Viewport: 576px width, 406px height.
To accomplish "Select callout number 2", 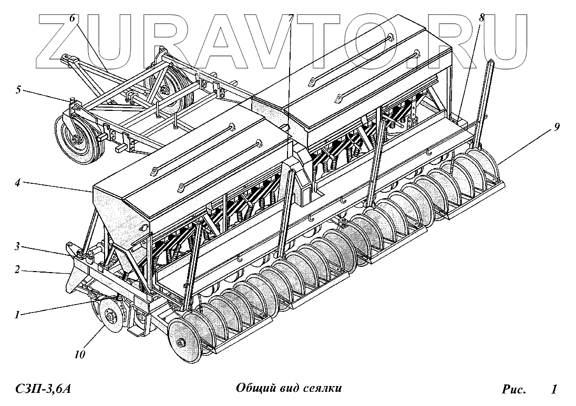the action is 17,270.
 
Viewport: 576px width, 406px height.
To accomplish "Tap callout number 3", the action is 17,245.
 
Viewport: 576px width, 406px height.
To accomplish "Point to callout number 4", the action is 17,183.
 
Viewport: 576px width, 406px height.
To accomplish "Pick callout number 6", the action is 72,18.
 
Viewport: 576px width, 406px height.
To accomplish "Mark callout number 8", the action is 481,18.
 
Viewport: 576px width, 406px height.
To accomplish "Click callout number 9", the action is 556,127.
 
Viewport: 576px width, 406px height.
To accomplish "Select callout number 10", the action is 79,355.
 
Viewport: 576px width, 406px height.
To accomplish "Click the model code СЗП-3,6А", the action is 44,389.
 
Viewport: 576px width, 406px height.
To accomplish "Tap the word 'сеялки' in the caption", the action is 323,389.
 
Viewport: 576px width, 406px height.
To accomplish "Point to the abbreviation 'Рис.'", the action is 513,389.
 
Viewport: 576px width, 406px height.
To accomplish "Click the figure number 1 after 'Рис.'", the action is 554,389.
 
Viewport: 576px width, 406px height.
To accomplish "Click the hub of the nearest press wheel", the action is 181,343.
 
